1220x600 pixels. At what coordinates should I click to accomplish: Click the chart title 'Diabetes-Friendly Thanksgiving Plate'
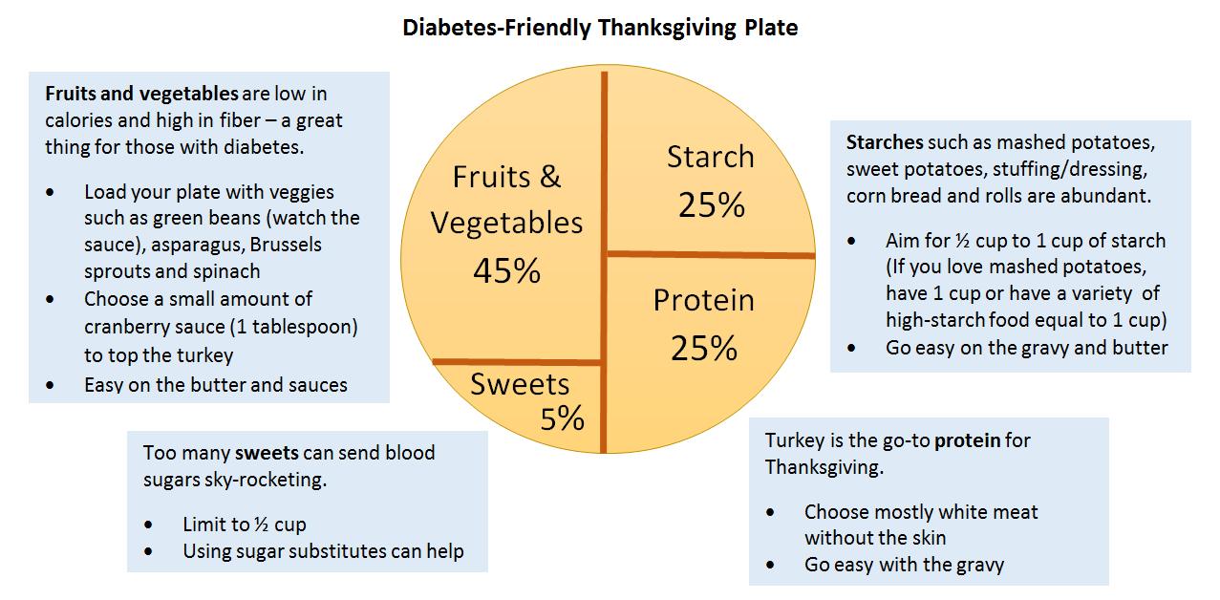(x=600, y=28)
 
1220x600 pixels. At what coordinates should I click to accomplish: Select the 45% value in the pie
(x=506, y=271)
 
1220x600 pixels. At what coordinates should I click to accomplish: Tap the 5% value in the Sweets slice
(x=562, y=418)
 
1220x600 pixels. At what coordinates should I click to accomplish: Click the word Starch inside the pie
(x=710, y=157)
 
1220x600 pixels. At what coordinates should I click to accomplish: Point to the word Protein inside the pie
(x=703, y=300)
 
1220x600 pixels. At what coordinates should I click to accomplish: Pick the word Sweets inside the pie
(x=520, y=384)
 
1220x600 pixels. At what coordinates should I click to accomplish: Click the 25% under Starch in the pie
(x=711, y=204)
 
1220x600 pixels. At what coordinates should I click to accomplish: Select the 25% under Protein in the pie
(x=703, y=349)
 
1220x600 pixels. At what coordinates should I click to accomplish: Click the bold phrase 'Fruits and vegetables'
(x=141, y=95)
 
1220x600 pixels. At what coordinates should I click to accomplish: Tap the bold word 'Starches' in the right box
(x=885, y=143)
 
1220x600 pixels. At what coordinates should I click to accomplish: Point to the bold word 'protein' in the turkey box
(x=968, y=440)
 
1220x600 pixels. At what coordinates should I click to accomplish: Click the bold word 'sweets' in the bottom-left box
(x=267, y=452)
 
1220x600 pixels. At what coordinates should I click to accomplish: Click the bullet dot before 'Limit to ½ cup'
(x=149, y=525)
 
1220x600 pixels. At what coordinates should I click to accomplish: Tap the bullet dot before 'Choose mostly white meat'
(x=771, y=512)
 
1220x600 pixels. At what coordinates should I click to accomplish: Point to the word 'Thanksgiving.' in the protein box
(x=824, y=468)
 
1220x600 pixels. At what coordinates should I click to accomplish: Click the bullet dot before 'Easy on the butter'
(x=51, y=386)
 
